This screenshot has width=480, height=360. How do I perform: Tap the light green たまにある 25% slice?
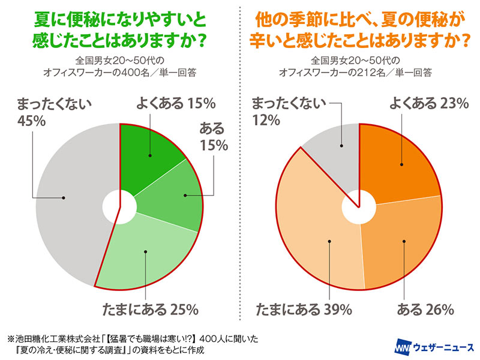pyautogui.click(x=147, y=252)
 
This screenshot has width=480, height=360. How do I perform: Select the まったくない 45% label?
pyautogui.click(x=51, y=111)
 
